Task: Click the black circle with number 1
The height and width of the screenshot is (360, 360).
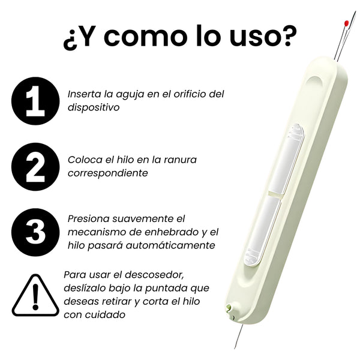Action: tap(35, 101)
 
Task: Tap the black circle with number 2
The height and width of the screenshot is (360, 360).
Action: tap(35, 167)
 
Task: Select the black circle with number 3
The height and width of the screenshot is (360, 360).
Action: tap(35, 232)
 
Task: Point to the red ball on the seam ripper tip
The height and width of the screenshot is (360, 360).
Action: tap(346, 23)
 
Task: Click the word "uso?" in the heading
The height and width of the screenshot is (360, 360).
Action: tap(263, 36)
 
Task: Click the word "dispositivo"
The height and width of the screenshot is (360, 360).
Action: tap(94, 107)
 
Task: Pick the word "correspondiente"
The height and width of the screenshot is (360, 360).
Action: tap(108, 173)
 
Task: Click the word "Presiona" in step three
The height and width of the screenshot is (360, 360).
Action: tap(88, 219)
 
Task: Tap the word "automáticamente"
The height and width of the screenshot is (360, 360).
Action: tap(170, 245)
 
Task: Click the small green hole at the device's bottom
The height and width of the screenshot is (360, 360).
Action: tap(229, 307)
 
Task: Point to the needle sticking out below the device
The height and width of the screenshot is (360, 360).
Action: tap(239, 336)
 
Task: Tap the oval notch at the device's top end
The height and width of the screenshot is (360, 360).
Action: tap(314, 81)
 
